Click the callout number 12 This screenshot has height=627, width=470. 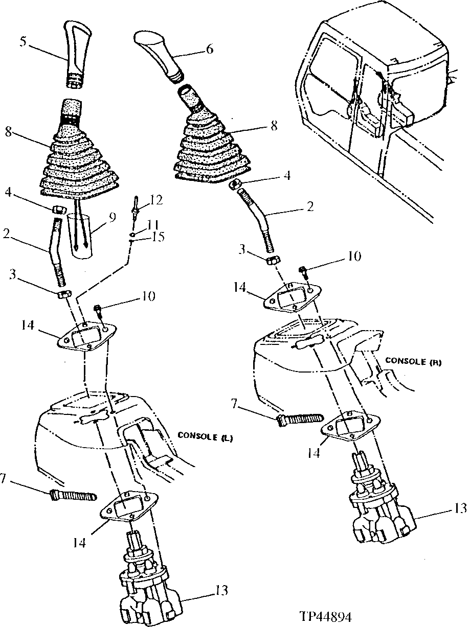click(x=156, y=200)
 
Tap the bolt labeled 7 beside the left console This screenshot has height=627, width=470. click(x=73, y=495)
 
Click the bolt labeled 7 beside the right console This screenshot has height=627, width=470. click(x=299, y=420)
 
